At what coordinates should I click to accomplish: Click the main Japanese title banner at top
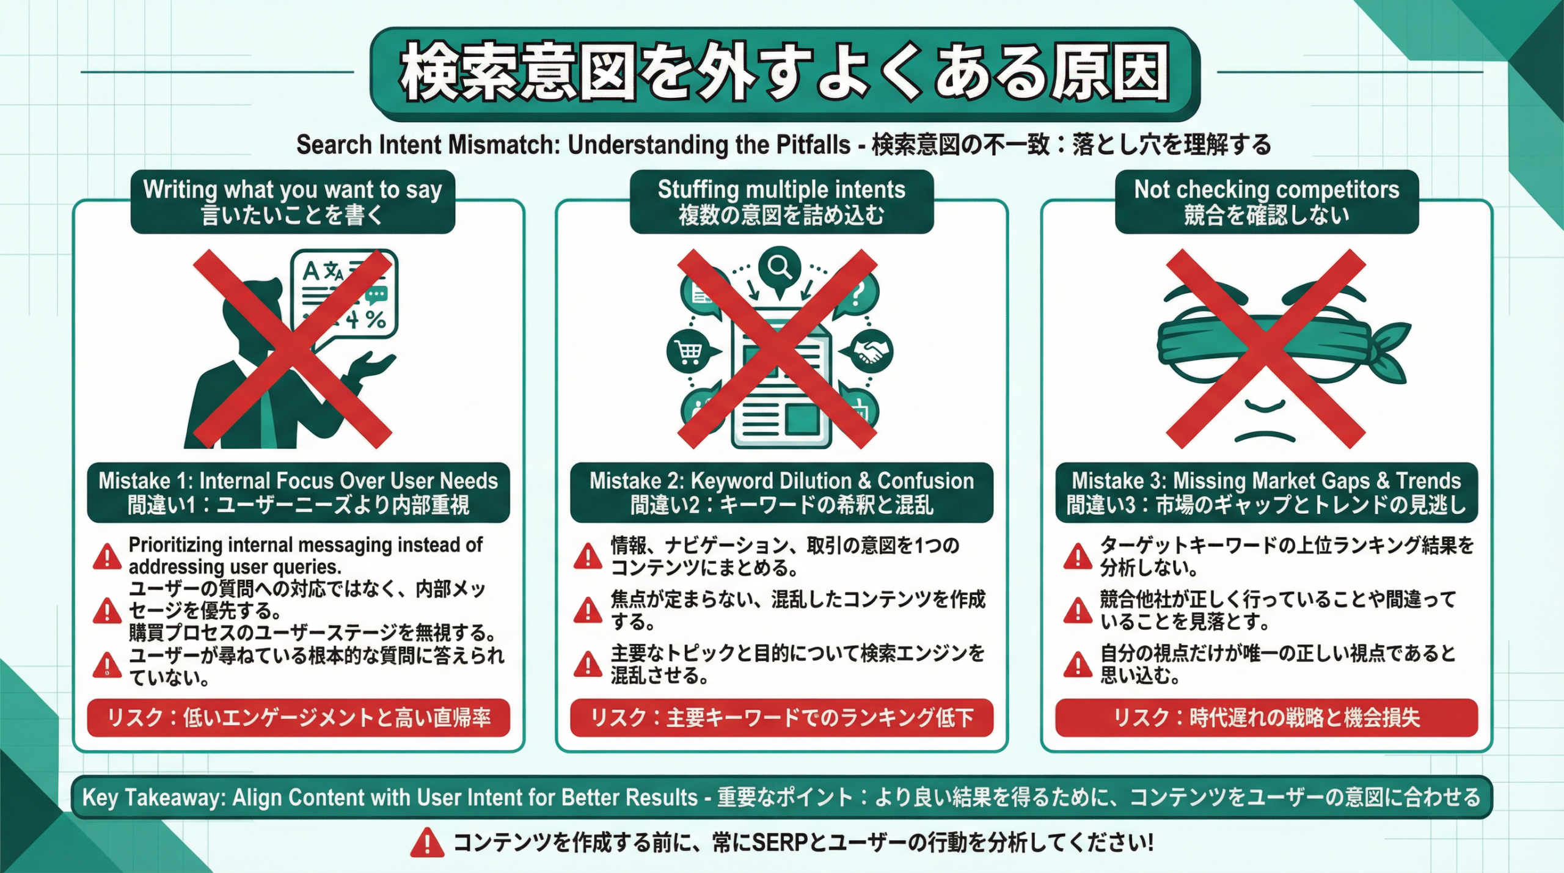tap(784, 72)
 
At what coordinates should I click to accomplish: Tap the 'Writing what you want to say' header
tap(292, 202)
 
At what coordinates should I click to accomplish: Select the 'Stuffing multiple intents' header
tap(781, 202)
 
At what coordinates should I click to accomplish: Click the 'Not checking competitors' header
tap(1266, 202)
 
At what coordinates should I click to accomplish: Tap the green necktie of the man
tap(267, 422)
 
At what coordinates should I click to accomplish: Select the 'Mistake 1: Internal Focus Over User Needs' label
tap(298, 492)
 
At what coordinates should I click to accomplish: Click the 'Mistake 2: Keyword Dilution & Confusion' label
tap(781, 492)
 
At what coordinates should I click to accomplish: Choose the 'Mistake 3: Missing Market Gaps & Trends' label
tap(1266, 492)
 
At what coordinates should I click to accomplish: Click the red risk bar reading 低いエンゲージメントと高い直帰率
tap(298, 717)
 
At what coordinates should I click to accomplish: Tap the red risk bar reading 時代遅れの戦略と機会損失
tap(1266, 717)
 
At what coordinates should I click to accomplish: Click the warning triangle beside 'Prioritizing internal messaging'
tap(107, 557)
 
